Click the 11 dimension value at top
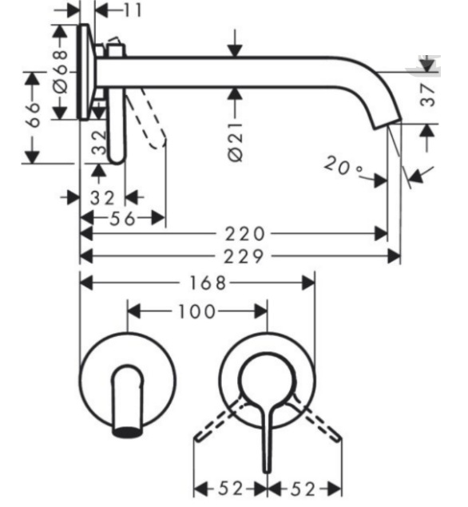[x=133, y=10]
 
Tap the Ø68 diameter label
[x=60, y=71]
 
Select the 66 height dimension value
[x=33, y=115]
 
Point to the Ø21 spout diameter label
[x=236, y=141]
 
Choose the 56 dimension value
[x=122, y=219]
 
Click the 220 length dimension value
[x=245, y=234]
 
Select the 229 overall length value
[x=244, y=257]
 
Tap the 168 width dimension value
[x=208, y=283]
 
